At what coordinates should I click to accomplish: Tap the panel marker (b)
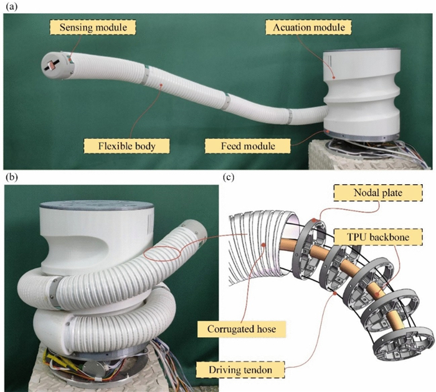pos(11,177)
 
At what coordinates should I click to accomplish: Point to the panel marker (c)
pos(229,177)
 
